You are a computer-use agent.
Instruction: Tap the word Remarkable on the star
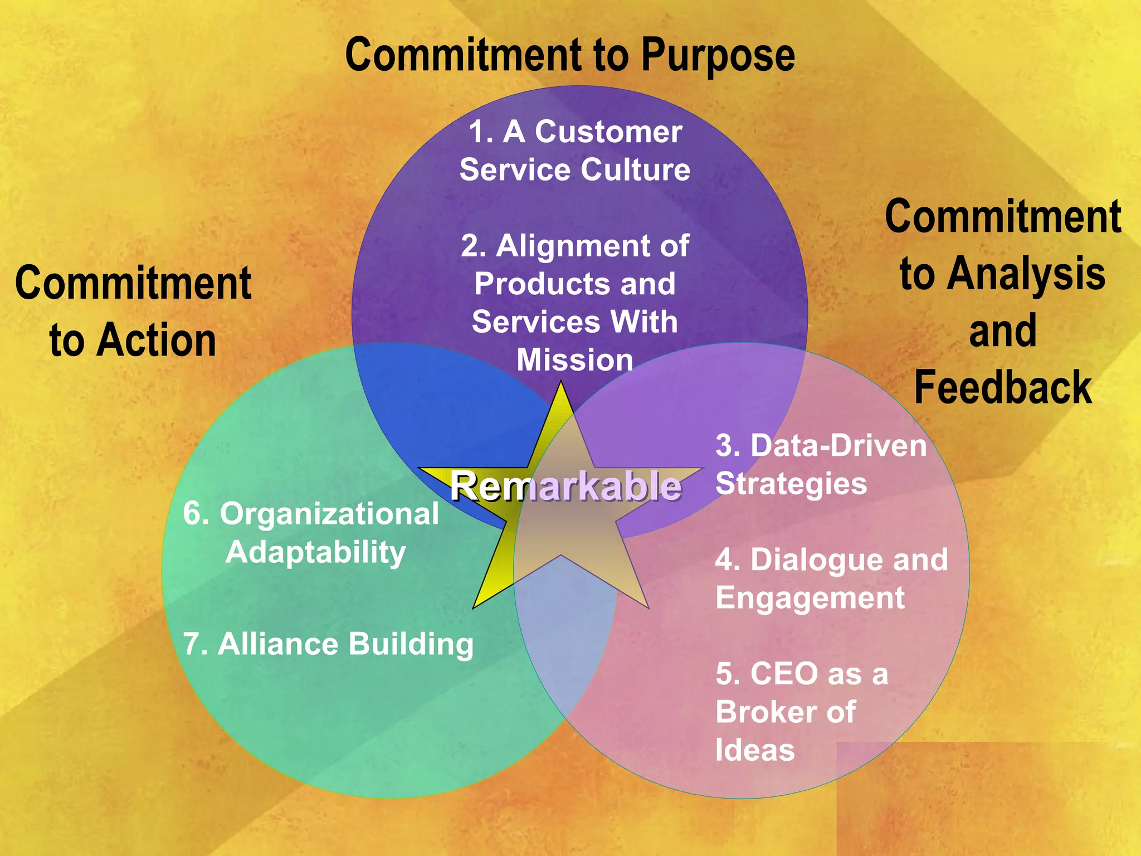(565, 486)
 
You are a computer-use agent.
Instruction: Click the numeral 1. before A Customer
(481, 132)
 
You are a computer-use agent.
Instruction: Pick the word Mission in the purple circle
(575, 360)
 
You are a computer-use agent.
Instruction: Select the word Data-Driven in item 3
(838, 446)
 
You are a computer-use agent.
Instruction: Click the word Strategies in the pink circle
(791, 484)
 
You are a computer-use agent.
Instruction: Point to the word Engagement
(810, 599)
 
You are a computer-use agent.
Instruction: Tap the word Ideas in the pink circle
(755, 750)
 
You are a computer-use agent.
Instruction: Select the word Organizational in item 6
(329, 514)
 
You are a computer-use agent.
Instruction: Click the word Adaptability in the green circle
(315, 552)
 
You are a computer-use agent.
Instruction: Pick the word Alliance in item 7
(278, 644)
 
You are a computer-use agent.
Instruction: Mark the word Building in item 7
(411, 644)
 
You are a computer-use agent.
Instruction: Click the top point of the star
(561, 383)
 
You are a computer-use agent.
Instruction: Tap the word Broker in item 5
(767, 712)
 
